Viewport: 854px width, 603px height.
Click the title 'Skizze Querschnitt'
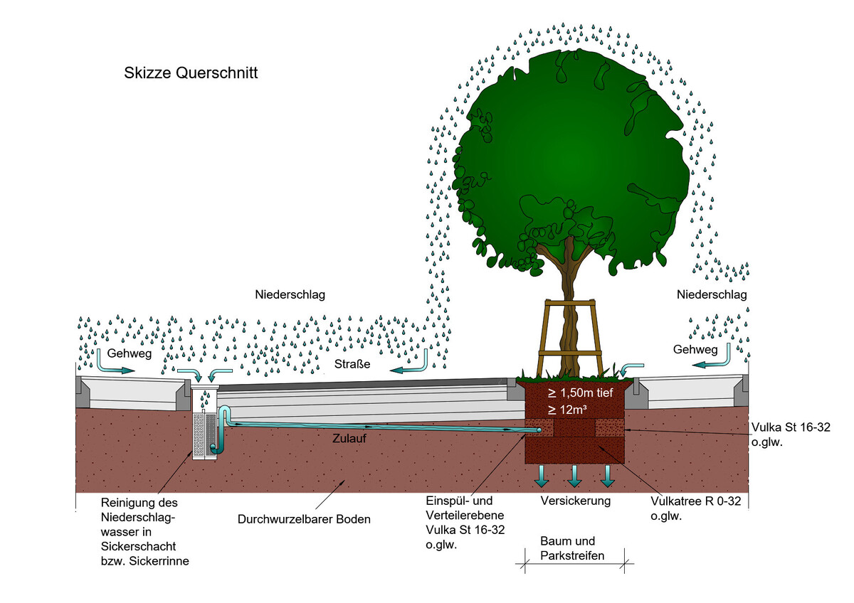(191, 73)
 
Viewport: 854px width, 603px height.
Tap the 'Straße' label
(352, 364)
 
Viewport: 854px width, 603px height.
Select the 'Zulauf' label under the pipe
(349, 439)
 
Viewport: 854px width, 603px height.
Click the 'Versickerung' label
(575, 501)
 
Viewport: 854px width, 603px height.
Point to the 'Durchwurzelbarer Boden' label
(304, 519)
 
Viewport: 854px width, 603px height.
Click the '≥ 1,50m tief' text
(580, 393)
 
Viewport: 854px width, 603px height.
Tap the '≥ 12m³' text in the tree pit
(567, 410)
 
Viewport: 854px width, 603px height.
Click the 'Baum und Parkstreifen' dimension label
(572, 548)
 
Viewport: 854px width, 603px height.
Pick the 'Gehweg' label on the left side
(130, 353)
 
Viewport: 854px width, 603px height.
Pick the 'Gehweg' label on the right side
(695, 350)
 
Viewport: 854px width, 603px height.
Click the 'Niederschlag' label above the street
(290, 294)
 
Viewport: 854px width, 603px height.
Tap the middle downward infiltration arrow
(574, 476)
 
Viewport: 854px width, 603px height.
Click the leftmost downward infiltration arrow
(542, 476)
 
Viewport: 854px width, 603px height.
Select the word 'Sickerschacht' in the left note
(138, 547)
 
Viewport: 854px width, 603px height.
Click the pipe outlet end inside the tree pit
(539, 430)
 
